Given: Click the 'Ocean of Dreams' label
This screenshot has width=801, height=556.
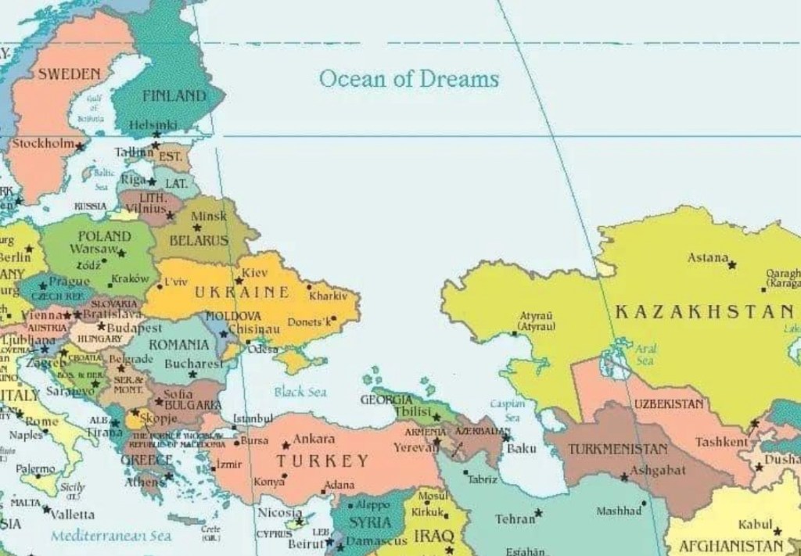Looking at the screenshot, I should pyautogui.click(x=408, y=78).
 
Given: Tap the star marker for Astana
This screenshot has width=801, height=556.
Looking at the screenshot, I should pyautogui.click(x=732, y=265).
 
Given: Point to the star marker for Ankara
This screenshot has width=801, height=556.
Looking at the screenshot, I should pyautogui.click(x=286, y=445).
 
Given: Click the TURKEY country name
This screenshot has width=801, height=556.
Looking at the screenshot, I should pyautogui.click(x=321, y=461).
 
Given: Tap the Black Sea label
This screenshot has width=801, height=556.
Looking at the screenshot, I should pyautogui.click(x=300, y=392).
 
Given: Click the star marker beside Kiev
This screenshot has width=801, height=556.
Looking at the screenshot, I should pyautogui.click(x=239, y=280).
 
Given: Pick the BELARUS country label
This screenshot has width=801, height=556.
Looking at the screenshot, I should pyautogui.click(x=199, y=240).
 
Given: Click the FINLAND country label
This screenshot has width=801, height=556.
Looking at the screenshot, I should pyautogui.click(x=174, y=96).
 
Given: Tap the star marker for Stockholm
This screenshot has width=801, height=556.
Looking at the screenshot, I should pyautogui.click(x=80, y=146).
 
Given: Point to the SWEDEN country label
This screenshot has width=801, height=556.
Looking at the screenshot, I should pyautogui.click(x=69, y=74).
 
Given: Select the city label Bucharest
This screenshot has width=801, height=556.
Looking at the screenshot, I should pyautogui.click(x=193, y=364).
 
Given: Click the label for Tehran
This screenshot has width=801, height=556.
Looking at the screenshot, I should pyautogui.click(x=515, y=518).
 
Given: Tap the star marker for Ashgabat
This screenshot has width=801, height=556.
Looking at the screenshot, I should pyautogui.click(x=624, y=476).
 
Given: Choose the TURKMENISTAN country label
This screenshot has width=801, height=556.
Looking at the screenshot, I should pyautogui.click(x=618, y=450).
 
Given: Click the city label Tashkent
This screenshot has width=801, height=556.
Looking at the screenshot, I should pyautogui.click(x=721, y=442).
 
